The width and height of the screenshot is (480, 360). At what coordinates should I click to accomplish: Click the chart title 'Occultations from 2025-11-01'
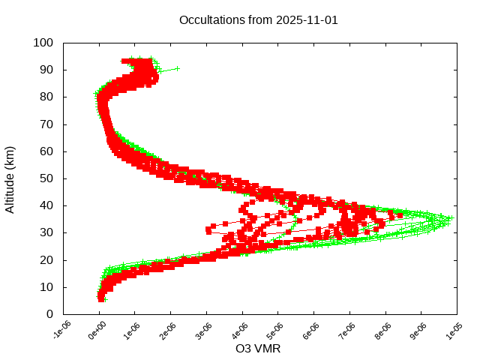click(x=259, y=20)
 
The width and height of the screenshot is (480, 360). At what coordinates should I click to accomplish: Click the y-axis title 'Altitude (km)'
click(x=10, y=179)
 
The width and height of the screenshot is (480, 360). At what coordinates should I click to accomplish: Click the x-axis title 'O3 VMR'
click(x=258, y=349)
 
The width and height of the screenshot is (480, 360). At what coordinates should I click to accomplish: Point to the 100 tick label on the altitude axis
click(x=43, y=43)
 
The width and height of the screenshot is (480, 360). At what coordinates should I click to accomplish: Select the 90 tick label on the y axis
click(x=46, y=70)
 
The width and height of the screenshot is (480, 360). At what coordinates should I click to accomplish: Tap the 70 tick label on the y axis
click(x=46, y=124)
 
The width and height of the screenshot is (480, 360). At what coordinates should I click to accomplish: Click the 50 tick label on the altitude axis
click(x=46, y=178)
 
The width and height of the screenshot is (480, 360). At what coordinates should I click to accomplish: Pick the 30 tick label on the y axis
click(x=46, y=232)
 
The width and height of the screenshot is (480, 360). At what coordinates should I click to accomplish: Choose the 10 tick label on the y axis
click(x=46, y=287)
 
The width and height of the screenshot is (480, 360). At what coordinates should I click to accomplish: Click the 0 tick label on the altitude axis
click(x=49, y=314)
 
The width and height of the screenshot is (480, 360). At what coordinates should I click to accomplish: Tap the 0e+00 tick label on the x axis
click(x=98, y=331)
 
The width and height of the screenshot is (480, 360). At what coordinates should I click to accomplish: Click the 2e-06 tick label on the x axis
click(x=169, y=331)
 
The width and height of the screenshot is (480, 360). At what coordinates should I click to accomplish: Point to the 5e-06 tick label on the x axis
click(x=277, y=331)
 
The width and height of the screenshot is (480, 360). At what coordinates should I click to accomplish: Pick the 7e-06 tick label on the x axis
click(x=348, y=331)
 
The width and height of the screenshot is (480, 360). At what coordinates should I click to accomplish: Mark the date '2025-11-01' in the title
click(x=307, y=20)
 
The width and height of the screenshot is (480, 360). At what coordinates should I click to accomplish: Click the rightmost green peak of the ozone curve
click(x=451, y=218)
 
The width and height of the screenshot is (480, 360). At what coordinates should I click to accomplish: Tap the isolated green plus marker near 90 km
click(x=177, y=68)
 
